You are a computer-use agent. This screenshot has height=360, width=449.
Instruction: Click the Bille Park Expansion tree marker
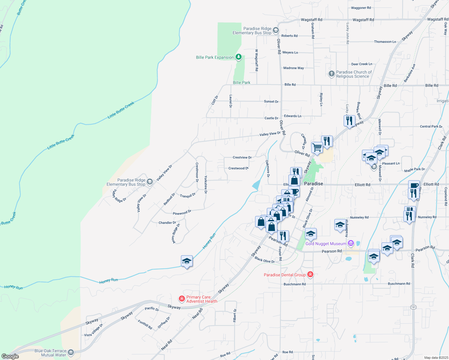tap(239, 57)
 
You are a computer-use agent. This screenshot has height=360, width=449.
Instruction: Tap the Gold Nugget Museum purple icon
tap(351, 243)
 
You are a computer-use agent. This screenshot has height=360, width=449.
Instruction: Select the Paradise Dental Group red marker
tap(310, 274)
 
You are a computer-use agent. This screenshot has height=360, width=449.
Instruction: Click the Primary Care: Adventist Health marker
tap(182, 298)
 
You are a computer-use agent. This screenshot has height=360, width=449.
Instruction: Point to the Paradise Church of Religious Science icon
tap(331, 74)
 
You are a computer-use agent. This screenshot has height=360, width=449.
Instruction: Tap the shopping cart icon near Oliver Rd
tap(317, 148)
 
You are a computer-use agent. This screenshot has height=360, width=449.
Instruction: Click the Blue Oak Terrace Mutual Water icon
tap(71, 352)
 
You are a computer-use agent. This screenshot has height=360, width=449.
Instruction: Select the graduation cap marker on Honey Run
tap(187, 261)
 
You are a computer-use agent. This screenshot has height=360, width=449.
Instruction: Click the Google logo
tap(10, 356)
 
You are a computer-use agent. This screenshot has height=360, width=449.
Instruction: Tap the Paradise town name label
tap(313, 184)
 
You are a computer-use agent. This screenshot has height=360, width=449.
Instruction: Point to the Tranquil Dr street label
tap(188, 195)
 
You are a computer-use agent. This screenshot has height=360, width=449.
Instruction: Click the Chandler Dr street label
tap(167, 223)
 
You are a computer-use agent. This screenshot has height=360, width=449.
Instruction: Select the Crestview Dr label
tap(242, 157)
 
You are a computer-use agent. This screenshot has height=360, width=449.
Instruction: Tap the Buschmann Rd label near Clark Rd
tap(399, 283)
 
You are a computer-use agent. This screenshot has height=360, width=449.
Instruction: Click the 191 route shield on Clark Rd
tap(413, 307)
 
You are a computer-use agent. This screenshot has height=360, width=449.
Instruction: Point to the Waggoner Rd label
tap(361, 8)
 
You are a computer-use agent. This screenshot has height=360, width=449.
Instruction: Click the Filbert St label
tap(235, 316)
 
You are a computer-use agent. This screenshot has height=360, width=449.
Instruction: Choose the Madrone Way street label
tap(294, 68)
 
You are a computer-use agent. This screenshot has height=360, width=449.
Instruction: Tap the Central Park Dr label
tap(431, 126)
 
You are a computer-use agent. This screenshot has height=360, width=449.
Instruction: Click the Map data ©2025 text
tap(436, 358)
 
